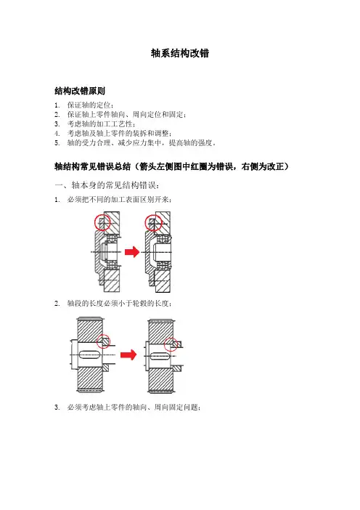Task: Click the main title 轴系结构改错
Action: point(180,53)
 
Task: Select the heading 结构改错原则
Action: point(80,91)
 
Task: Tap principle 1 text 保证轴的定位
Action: point(91,105)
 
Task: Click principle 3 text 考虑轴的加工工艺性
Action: point(102,124)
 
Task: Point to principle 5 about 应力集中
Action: point(142,143)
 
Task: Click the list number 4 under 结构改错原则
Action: point(57,134)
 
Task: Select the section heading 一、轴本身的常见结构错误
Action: point(107,185)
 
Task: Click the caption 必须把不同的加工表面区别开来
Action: point(120,200)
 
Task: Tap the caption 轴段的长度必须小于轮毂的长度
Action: point(120,304)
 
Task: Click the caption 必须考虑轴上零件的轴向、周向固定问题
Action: point(134,408)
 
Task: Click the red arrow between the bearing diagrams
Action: point(132,252)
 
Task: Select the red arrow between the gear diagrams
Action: point(128,355)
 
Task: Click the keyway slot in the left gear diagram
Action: point(90,355)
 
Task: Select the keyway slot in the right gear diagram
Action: point(160,357)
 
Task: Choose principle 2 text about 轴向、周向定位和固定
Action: point(127,115)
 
